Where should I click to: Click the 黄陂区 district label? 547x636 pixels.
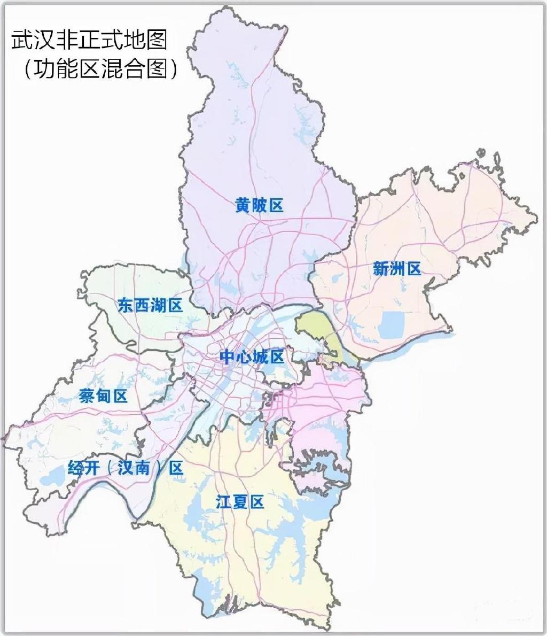259,205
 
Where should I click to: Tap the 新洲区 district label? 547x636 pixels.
397,268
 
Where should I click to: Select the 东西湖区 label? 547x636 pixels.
150,305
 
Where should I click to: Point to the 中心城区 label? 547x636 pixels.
252,356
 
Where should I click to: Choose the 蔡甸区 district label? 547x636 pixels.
103,396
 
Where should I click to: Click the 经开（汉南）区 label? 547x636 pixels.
126,468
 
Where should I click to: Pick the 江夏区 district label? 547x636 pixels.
240,502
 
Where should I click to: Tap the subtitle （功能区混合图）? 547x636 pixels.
100,68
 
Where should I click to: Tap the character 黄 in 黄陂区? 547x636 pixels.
243,205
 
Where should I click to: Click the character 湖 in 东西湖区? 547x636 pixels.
159,305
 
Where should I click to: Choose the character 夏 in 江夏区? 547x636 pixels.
240,502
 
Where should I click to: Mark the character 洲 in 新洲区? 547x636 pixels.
397,268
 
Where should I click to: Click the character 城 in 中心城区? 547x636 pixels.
260,356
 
